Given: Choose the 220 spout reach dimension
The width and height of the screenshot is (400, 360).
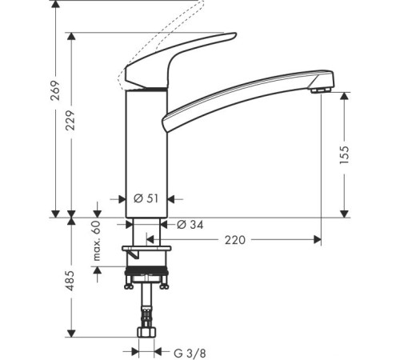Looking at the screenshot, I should click(235, 239).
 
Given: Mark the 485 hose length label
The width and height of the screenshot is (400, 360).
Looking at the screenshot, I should click(69, 279).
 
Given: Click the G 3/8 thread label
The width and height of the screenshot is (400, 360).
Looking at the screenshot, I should click(189, 351).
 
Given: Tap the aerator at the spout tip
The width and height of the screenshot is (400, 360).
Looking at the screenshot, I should click(321, 90).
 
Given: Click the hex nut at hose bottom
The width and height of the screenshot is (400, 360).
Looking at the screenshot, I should click(147, 330).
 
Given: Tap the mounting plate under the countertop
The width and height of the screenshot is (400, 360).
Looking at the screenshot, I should click(147, 254).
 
